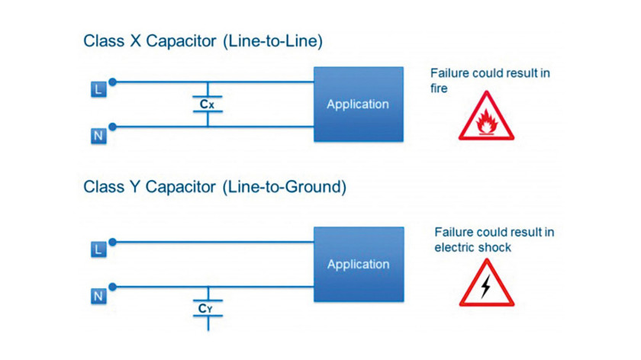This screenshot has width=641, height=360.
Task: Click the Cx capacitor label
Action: [x=207, y=104]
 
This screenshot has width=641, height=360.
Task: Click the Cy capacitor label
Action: [x=205, y=308]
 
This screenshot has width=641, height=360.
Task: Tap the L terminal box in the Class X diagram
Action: [x=98, y=89]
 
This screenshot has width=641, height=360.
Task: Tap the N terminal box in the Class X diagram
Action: [x=98, y=136]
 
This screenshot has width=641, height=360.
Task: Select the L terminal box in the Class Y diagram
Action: [x=98, y=249]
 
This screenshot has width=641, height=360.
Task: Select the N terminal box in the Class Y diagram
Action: [x=98, y=296]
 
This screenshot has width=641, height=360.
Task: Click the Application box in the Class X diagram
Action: [x=359, y=104]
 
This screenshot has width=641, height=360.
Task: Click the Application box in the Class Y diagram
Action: [x=359, y=265]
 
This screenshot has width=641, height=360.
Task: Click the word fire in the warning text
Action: [x=439, y=88]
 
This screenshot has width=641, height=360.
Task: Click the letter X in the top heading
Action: [x=135, y=41]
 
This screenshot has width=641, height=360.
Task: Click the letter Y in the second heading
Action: [x=135, y=187]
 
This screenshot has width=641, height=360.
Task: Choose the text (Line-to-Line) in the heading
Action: [x=272, y=41]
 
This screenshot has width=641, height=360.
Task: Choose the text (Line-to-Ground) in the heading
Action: [x=285, y=187]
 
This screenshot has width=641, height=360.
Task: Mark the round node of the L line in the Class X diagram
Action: [x=113, y=82]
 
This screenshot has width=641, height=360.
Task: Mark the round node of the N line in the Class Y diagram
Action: [x=113, y=287]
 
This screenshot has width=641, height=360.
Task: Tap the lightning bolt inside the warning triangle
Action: [x=485, y=286]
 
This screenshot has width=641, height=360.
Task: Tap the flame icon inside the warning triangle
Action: [x=487, y=122]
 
